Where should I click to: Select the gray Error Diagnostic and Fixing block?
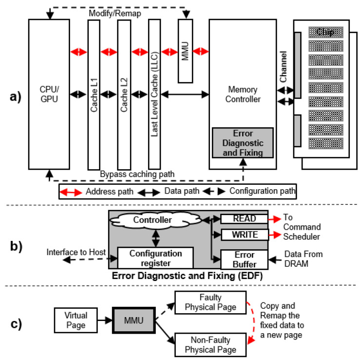pyautogui.click(x=242, y=142)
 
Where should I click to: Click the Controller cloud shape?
pyautogui.click(x=156, y=220)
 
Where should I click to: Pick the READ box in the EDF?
pyautogui.click(x=244, y=220)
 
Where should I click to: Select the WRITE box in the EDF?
pyautogui.click(x=244, y=235)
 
